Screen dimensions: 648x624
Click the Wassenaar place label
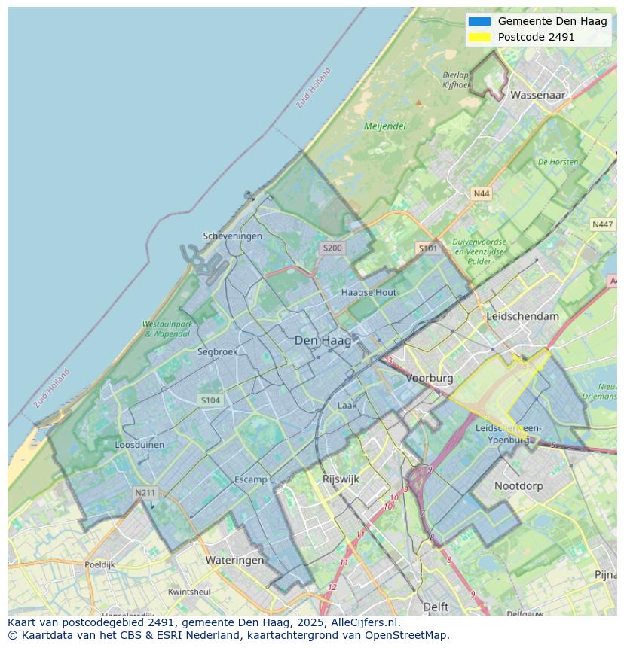click(x=537, y=96)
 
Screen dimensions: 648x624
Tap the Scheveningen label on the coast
click(x=233, y=236)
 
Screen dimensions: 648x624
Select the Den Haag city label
click(x=323, y=341)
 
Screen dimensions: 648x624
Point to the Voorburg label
click(x=430, y=378)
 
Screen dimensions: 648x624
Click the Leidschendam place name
click(x=523, y=316)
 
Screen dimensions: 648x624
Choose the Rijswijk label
click(x=341, y=479)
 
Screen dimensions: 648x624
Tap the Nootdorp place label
click(x=518, y=486)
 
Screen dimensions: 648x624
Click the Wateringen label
click(x=235, y=560)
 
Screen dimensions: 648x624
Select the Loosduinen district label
click(x=139, y=445)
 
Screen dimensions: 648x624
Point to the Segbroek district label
click(x=218, y=351)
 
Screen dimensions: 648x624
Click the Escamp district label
click(x=250, y=479)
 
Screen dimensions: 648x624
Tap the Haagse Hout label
click(x=369, y=292)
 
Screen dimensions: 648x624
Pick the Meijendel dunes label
click(x=385, y=126)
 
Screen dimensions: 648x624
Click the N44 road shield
click(x=481, y=193)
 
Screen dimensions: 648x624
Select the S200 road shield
click(x=332, y=248)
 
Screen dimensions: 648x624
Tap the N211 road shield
click(x=145, y=493)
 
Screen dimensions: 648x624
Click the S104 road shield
click(x=210, y=400)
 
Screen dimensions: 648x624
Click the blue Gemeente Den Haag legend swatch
click(x=479, y=21)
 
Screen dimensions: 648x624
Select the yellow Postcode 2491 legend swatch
click(x=479, y=37)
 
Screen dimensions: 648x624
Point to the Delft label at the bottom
click(x=436, y=607)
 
